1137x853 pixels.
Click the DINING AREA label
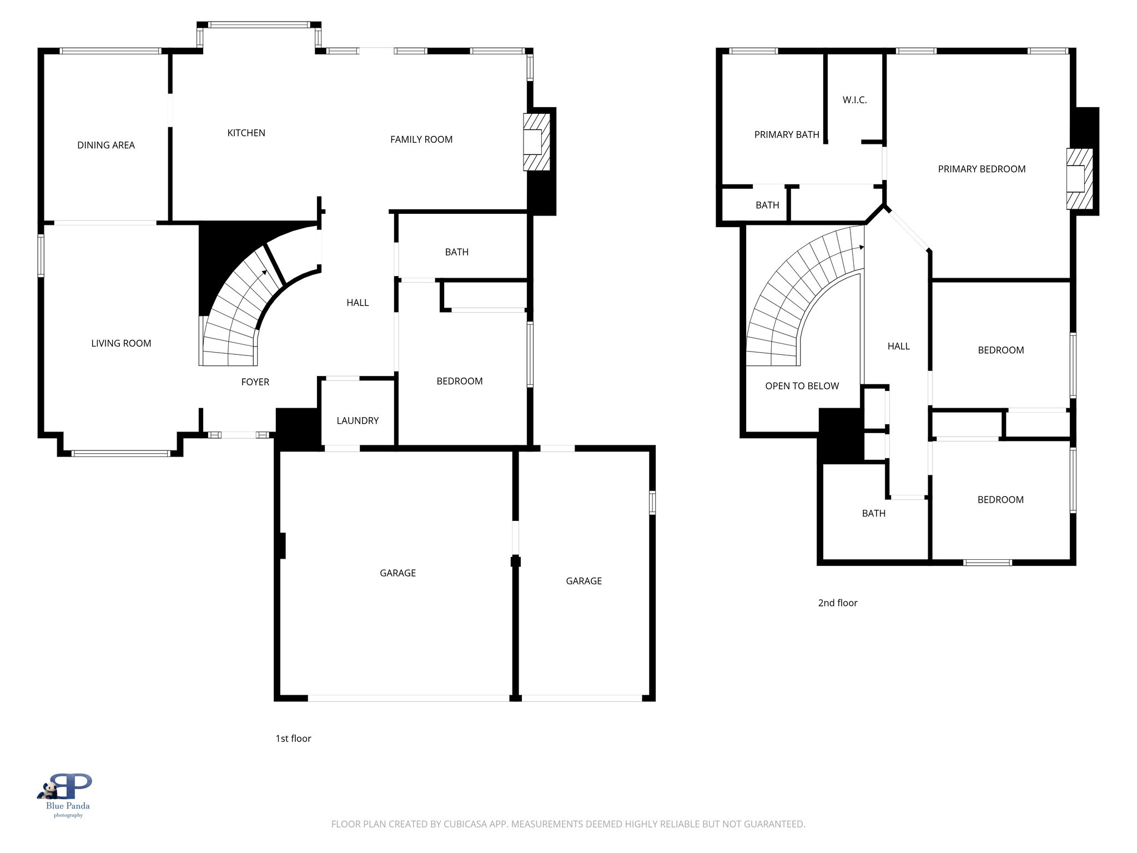(x=106, y=145)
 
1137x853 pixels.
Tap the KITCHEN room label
(x=246, y=133)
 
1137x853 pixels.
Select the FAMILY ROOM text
(x=421, y=140)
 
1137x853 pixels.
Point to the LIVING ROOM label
(x=121, y=344)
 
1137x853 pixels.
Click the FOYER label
(x=255, y=382)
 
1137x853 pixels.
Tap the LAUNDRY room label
(x=358, y=421)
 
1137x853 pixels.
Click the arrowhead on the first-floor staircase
(x=264, y=272)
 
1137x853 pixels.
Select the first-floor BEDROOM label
(x=459, y=382)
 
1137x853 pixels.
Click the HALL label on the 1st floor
(x=358, y=303)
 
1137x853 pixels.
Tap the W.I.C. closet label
(x=854, y=101)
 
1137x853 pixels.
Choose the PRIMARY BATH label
(x=786, y=135)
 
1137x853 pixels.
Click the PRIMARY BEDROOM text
(x=981, y=169)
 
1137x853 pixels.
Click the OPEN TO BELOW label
(x=802, y=387)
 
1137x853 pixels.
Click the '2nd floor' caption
(x=837, y=603)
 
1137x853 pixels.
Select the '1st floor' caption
(x=293, y=739)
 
